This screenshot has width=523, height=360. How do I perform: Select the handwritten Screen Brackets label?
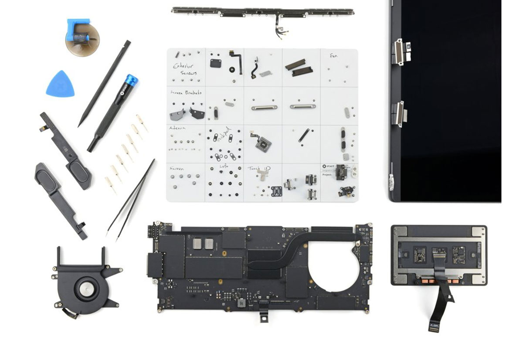pyautogui.click(x=185, y=93)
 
